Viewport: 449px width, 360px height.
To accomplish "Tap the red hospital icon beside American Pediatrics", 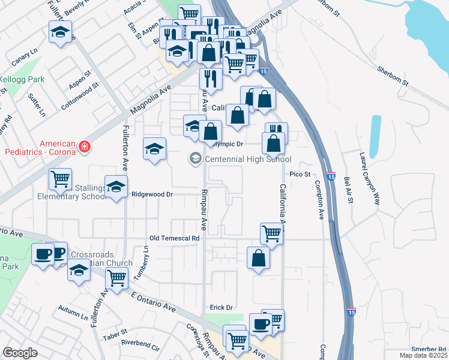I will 85,146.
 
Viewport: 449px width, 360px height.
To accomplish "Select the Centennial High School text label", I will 248,159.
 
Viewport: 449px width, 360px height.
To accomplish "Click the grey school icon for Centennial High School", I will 195,158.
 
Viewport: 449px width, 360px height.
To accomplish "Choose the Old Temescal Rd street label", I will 174,238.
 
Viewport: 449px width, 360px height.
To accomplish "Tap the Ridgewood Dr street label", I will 152,194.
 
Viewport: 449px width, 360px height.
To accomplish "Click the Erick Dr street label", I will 221,307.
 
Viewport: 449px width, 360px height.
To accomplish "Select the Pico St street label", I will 300,174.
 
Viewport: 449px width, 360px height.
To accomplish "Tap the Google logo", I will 20,352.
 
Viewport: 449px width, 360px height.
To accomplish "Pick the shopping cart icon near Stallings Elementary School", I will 61,178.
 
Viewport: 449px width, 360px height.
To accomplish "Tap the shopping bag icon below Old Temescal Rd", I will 258,258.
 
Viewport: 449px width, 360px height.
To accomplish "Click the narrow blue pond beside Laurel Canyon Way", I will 376,135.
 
